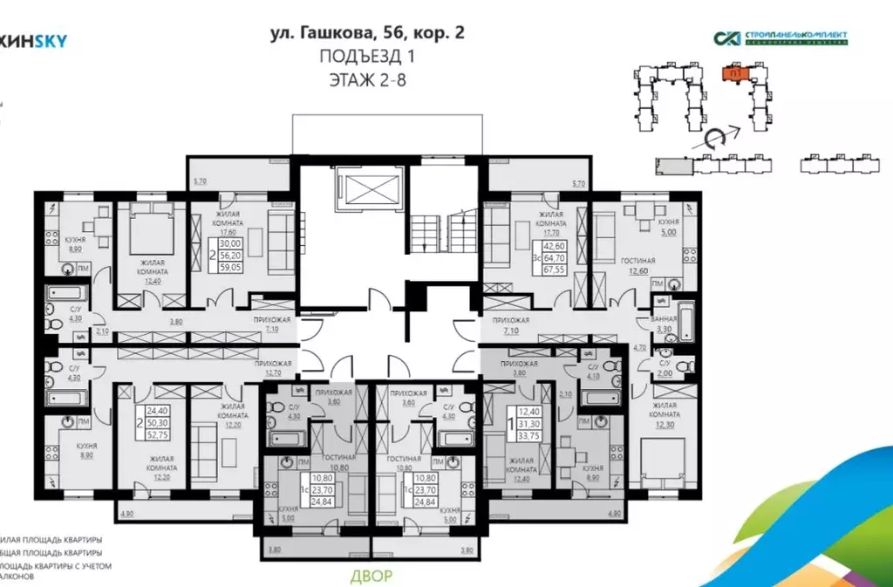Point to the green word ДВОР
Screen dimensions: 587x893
pos(372,576)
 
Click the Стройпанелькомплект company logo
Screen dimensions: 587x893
pos(780,38)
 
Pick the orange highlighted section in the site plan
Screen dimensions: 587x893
pos(736,74)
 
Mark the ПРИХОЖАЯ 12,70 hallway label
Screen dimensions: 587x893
pos(272,367)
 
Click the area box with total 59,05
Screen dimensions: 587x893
pos(228,258)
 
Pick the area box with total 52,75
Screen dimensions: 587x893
pos(157,421)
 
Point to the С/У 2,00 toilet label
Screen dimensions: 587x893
pos(665,366)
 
